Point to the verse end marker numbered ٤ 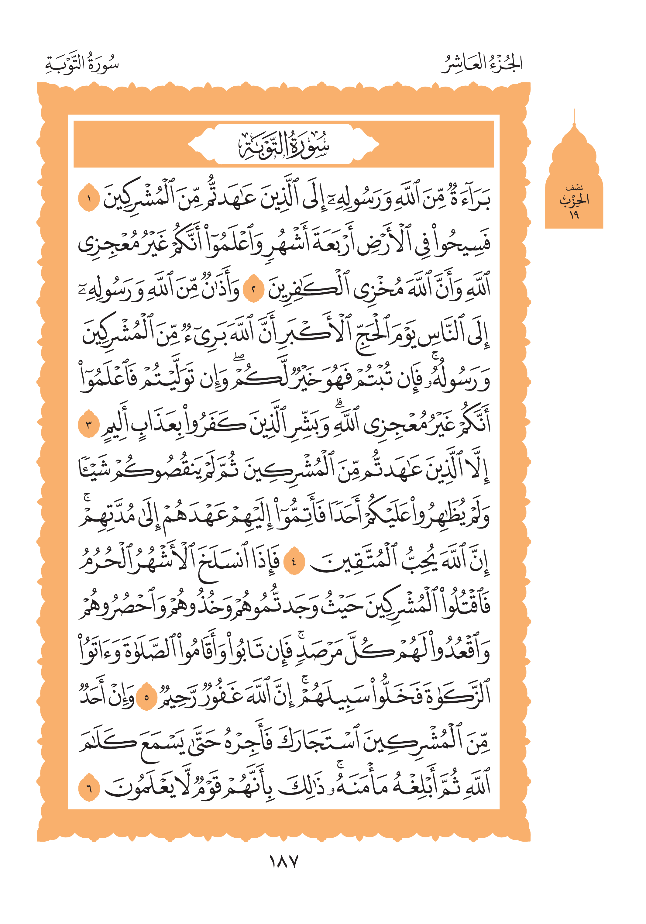point(294,561)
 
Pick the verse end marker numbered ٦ point(88,788)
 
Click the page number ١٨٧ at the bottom point(283,862)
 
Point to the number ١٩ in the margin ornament point(574,215)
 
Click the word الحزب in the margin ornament point(574,200)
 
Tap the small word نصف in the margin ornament point(574,188)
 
